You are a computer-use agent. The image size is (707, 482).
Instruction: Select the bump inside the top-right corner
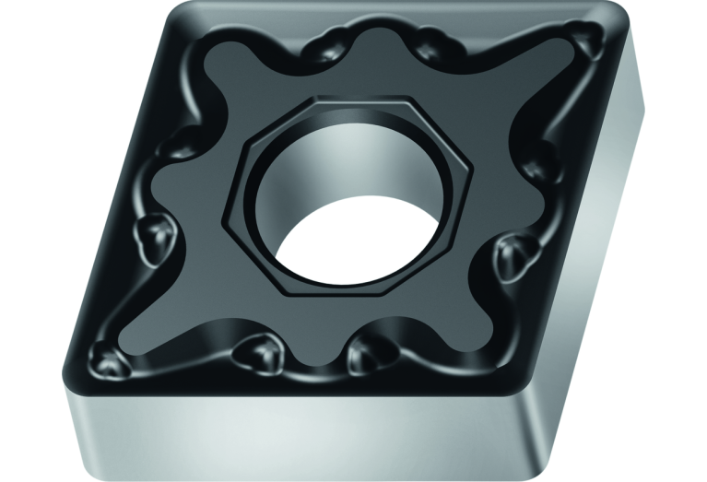(x=581, y=37)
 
